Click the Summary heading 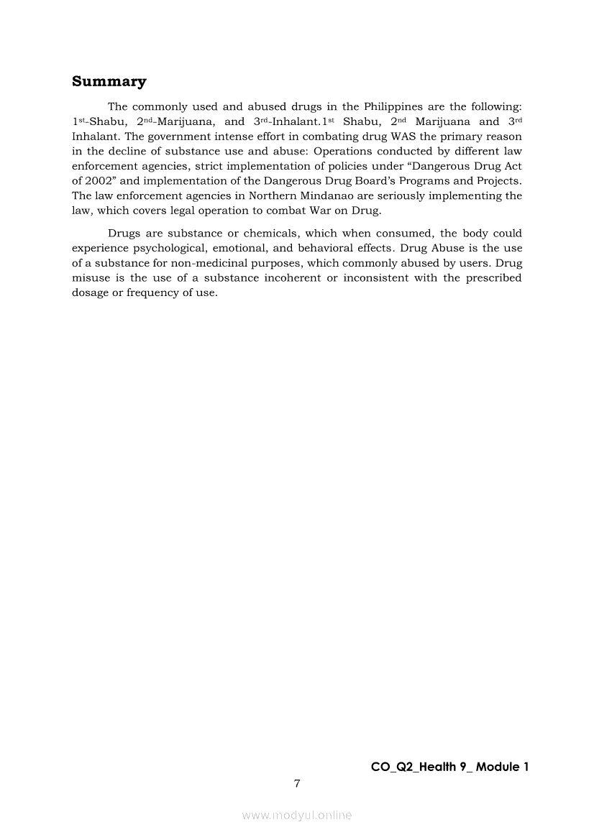pos(109,81)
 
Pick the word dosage pos(90,292)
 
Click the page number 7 pos(296,783)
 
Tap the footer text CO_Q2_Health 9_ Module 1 pos(449,767)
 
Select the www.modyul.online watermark pos(297,815)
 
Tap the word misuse pos(91,277)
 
